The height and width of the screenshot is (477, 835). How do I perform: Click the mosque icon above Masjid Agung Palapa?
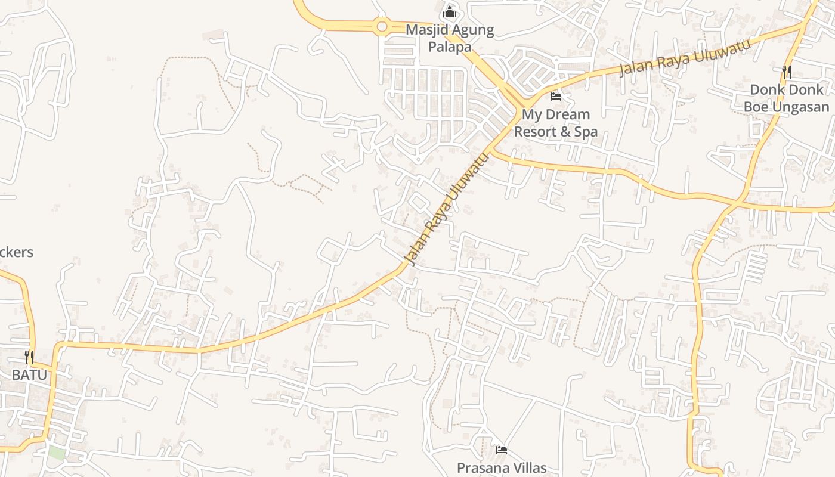[449, 12]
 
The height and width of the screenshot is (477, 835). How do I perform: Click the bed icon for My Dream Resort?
[556, 96]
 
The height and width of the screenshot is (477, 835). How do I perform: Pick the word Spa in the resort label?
[585, 132]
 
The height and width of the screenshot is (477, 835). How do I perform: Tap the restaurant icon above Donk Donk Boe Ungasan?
[787, 72]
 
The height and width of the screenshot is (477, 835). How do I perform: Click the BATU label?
[29, 375]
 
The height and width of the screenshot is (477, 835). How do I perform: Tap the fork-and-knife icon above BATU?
[29, 357]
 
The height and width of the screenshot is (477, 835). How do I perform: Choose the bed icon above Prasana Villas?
[502, 450]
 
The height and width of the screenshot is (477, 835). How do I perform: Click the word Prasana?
[482, 468]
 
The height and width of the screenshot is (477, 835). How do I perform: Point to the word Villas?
[528, 468]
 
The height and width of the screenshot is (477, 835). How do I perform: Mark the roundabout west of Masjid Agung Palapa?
[382, 26]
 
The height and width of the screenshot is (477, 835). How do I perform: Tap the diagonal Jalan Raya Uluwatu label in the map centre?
[447, 209]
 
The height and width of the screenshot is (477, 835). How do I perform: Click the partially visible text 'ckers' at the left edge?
[16, 252]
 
